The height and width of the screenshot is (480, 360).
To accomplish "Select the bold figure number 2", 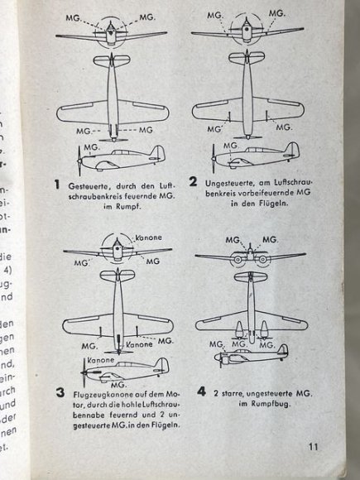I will tap(193, 183).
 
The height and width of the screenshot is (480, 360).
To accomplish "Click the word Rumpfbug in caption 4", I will tap(266, 405).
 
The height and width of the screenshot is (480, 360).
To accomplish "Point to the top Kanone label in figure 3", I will tap(142, 238).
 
